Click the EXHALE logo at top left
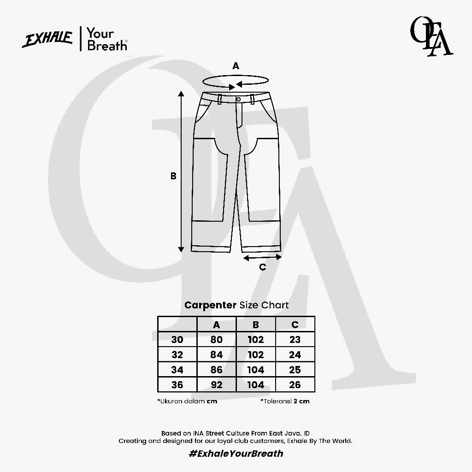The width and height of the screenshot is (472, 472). (47, 39)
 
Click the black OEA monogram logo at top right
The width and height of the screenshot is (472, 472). (431, 36)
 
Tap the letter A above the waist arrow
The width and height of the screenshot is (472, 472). (236, 66)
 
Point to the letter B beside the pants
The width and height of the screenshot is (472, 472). (173, 176)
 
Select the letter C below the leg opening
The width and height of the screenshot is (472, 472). (262, 267)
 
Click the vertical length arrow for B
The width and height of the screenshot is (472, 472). (181, 171)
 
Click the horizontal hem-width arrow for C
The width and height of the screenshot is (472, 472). (262, 257)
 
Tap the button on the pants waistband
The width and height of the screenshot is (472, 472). (238, 99)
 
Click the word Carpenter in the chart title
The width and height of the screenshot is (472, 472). (210, 305)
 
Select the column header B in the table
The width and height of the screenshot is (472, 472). (256, 324)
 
